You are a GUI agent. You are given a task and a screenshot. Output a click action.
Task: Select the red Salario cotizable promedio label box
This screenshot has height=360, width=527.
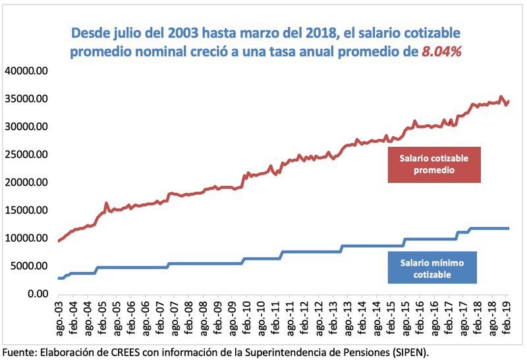pos(435,163)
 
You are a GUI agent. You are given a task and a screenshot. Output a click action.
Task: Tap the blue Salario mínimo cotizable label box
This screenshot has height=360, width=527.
pos(433,269)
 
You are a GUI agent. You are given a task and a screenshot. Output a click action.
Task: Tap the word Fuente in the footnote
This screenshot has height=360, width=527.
pos(20,350)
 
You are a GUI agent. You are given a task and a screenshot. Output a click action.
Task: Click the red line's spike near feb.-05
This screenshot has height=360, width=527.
pos(106,203)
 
